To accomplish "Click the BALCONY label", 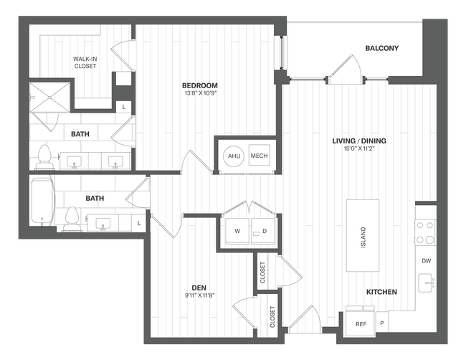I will tap(381, 49).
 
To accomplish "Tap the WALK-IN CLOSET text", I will tap(85, 62).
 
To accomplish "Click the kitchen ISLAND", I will tap(363, 235).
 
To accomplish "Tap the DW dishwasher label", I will tap(426, 261).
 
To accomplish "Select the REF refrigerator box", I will tap(361, 324).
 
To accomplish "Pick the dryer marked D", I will tap(263, 231).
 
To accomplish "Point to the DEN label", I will tap(199, 285).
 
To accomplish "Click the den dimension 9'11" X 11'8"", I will tap(199, 294).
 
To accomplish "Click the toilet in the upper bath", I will tap(44, 156).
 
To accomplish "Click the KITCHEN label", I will tap(381, 292).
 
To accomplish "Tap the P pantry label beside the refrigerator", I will tap(381, 323).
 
